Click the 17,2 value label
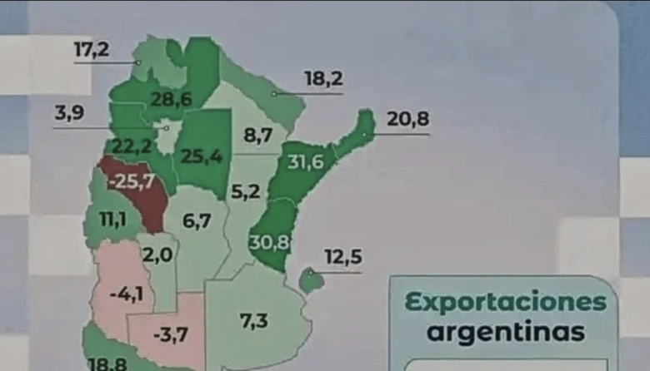click(91, 49)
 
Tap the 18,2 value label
click(323, 80)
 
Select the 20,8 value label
click(407, 120)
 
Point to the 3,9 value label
click(70, 113)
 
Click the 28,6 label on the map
click(172, 100)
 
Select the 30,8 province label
click(267, 244)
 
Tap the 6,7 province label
click(197, 221)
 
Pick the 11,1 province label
click(104, 220)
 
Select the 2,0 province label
click(157, 255)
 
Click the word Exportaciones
click(506, 303)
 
